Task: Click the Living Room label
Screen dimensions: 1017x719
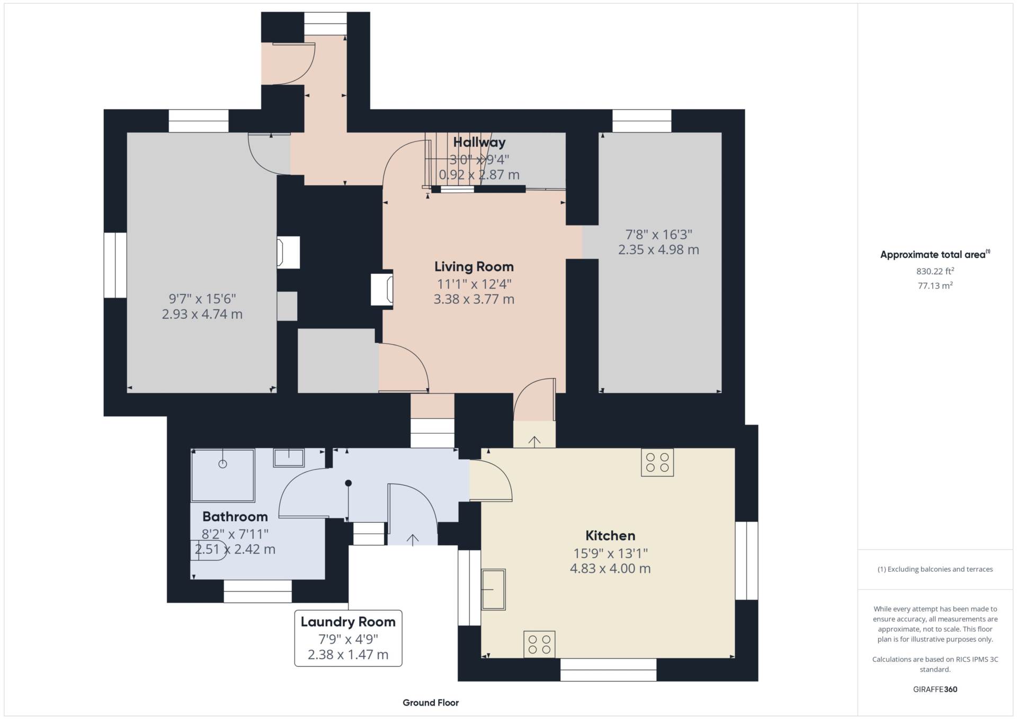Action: [x=474, y=266]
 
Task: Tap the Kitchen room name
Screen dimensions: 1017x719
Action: [x=610, y=535]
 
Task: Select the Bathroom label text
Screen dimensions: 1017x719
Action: [x=235, y=516]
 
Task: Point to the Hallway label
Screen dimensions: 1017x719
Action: [x=479, y=142]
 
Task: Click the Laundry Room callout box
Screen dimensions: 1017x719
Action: [x=348, y=638]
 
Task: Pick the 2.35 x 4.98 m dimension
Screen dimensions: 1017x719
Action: [x=658, y=249]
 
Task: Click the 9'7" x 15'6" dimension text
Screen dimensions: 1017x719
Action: [x=202, y=299]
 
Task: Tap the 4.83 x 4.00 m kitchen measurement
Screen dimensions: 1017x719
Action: [x=610, y=568]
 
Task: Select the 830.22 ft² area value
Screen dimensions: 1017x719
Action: [x=935, y=271]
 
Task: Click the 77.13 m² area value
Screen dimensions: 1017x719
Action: [x=935, y=285]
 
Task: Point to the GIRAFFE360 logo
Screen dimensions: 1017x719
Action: [x=935, y=689]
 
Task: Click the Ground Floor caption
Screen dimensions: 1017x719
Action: [x=431, y=703]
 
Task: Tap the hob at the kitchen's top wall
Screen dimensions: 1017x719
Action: [x=657, y=463]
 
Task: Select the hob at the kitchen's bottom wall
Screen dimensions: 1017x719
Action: [x=539, y=644]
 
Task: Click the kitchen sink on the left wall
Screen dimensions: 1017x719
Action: [x=493, y=589]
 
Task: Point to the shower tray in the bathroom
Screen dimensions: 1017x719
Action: [x=223, y=475]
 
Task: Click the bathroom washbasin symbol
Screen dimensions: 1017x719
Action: [x=289, y=457]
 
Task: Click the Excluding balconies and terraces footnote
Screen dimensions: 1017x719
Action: [x=935, y=569]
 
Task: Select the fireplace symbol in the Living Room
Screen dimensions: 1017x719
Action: [x=382, y=289]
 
